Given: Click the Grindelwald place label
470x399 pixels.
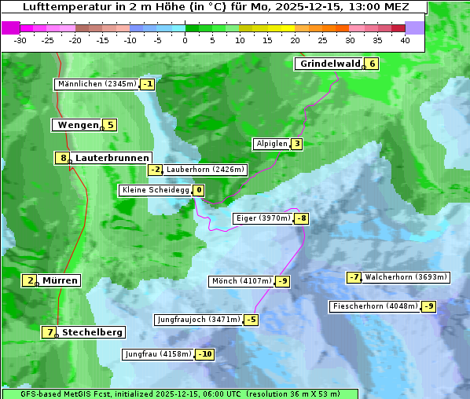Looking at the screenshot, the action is [329, 64].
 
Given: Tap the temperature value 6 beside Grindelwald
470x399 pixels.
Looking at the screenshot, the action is [372, 64].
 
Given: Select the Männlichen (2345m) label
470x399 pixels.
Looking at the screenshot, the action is [96, 84].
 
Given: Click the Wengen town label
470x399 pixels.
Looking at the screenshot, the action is [77, 125].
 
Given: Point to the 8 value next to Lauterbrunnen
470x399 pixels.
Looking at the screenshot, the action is [63, 158].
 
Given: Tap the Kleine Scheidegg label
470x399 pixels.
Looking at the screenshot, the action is [155, 190].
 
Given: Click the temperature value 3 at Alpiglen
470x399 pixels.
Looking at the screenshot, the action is [296, 144].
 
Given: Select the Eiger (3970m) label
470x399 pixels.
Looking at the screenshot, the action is [263, 218].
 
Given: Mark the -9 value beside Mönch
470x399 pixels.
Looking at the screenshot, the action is [283, 281].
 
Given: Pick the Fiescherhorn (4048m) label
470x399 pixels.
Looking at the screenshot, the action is [375, 306].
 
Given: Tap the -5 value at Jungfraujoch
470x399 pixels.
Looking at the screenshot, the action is [251, 320].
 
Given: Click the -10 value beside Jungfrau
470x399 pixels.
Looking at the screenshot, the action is [205, 354].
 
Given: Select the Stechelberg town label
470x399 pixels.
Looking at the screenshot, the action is [92, 332].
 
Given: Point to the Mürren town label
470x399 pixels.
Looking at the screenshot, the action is [60, 280].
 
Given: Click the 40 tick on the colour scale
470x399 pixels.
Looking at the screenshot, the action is [405, 40].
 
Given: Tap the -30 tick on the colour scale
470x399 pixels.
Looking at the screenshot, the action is [20, 40].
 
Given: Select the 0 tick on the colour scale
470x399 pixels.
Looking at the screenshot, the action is [185, 40].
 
